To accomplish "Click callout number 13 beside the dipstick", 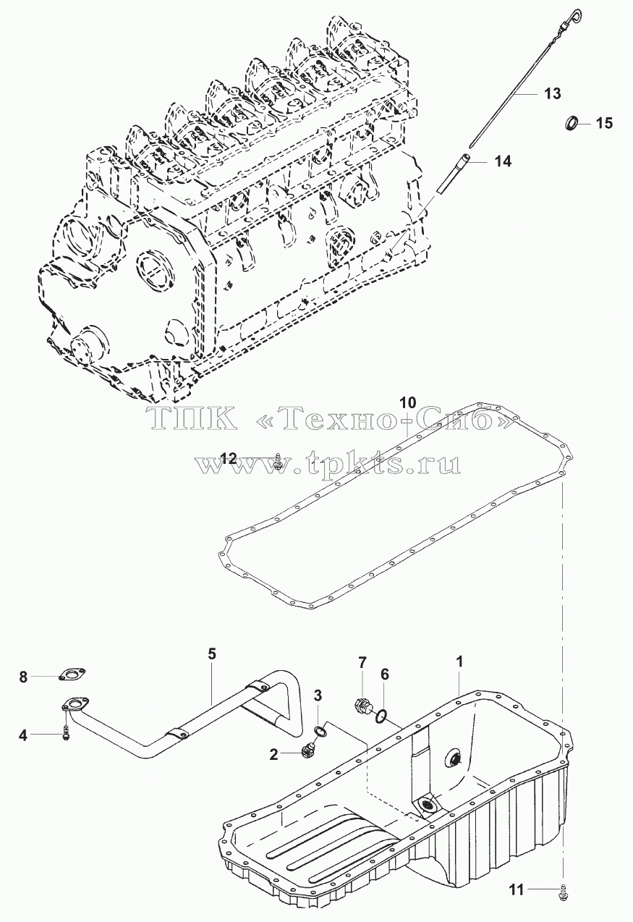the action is [552, 94].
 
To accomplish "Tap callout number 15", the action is [604, 123].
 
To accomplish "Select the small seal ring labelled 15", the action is [571, 123].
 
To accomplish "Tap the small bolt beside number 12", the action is [279, 462].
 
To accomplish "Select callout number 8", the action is [23, 677].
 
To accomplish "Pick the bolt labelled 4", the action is [66, 735].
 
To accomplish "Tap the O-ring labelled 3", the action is [321, 731].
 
